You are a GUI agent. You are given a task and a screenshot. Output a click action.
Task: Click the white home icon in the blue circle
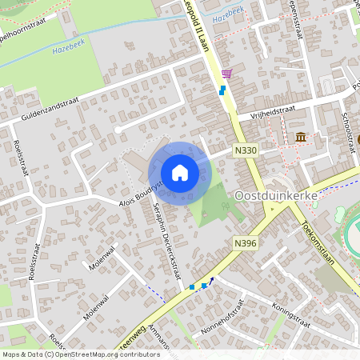pos(180,173)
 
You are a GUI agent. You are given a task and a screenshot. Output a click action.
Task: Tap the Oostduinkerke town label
pos(276,195)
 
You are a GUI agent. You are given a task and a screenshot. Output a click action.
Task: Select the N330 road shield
pos(245,150)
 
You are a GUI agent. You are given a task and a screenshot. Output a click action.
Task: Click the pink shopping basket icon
pos(226,74)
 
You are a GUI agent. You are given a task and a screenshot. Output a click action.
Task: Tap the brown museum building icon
pos(300,138)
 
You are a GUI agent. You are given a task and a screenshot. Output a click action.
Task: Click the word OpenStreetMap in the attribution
pos(85,354)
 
